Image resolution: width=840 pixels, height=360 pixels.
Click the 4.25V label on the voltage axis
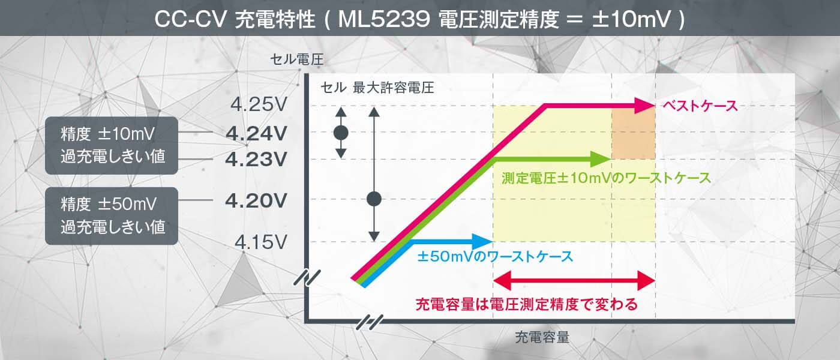[x=259, y=105]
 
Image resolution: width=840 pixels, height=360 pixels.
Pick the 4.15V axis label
[x=259, y=242]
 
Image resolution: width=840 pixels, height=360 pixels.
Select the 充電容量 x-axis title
[x=542, y=337]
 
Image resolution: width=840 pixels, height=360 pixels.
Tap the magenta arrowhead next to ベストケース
[x=644, y=106]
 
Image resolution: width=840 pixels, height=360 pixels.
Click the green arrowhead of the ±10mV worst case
[x=599, y=159]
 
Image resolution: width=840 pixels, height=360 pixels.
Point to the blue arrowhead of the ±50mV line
[x=482, y=241]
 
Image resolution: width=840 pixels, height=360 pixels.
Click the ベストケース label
[x=700, y=106]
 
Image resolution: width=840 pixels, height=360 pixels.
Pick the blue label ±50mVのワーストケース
[x=495, y=257]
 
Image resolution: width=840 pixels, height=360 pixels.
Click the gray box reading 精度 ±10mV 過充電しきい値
[x=112, y=145]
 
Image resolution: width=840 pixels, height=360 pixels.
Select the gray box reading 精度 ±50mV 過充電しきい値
[x=112, y=215]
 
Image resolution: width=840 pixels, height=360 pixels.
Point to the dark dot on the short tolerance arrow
[x=341, y=133]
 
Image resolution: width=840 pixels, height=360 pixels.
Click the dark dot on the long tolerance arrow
[x=374, y=199]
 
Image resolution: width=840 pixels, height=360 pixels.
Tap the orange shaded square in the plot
[x=633, y=133]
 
